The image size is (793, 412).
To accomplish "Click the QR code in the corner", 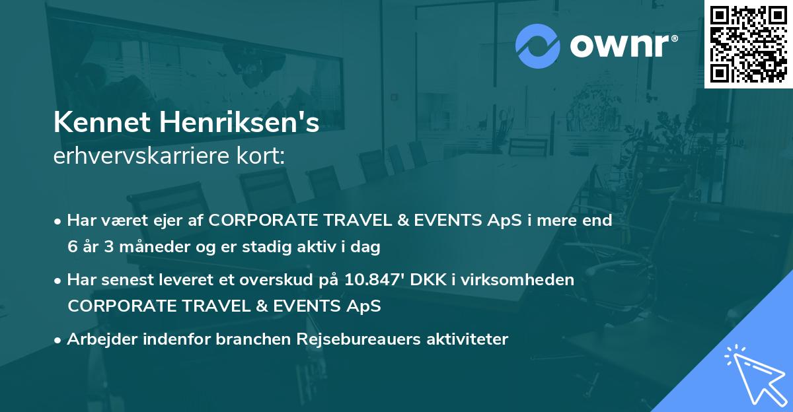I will click(x=748, y=44).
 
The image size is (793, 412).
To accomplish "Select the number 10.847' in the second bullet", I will click(x=373, y=280).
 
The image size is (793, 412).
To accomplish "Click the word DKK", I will click(x=426, y=280).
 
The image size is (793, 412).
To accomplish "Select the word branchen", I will click(x=246, y=339).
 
